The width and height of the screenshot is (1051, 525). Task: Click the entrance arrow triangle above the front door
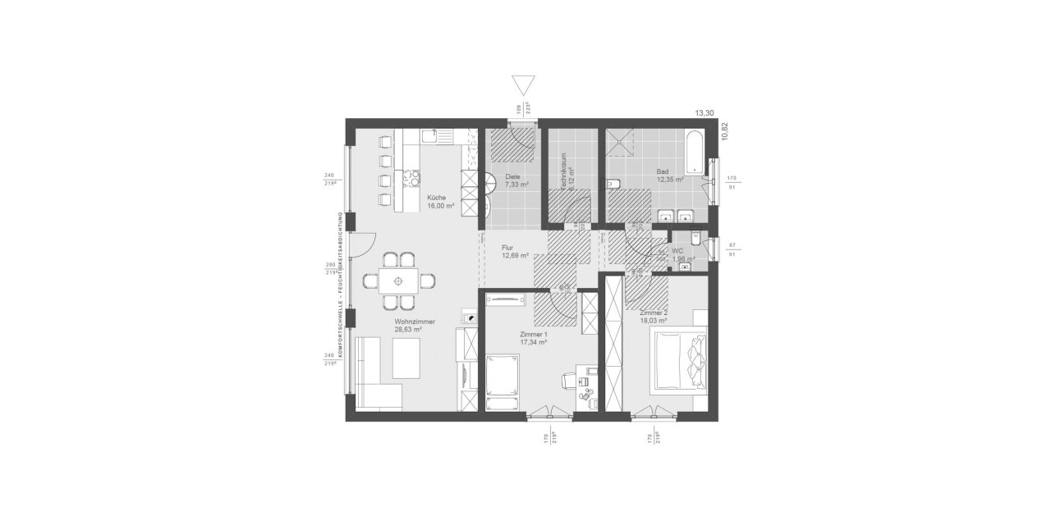coord(522,86)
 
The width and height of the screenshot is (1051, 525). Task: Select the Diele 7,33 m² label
coord(516,180)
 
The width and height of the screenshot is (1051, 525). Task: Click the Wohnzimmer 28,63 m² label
coord(414,325)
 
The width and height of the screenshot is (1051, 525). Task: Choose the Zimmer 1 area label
coord(533,338)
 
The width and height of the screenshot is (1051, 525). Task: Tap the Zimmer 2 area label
coord(654,317)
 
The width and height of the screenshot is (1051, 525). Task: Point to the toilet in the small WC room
coord(695,239)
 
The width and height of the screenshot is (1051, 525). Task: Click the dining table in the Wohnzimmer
coord(398,280)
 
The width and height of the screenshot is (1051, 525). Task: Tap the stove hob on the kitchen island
coord(410,178)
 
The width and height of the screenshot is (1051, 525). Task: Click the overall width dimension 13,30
coord(704,113)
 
